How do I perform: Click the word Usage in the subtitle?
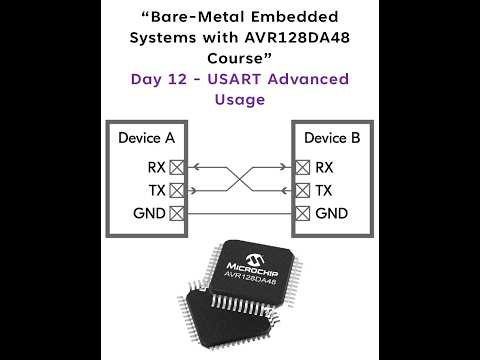coord(240,99)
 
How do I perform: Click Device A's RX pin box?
coord(177,167)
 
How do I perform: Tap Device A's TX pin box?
coord(177,190)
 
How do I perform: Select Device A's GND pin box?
coord(177,213)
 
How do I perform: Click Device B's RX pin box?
coord(301,167)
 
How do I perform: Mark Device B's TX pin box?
coord(301,190)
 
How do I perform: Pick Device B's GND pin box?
coord(301,213)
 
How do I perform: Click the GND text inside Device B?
coord(331,213)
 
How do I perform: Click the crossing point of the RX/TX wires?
coord(239,178)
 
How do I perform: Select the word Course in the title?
coord(240,56)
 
